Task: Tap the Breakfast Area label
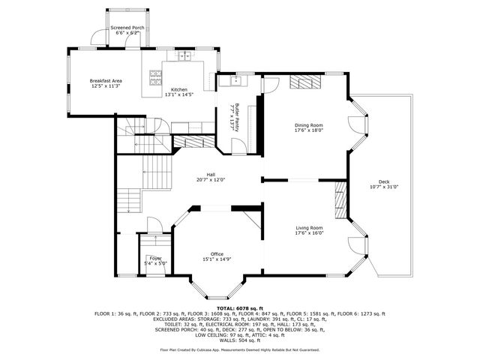pyautogui.click(x=106, y=80)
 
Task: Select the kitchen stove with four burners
pyautogui.click(x=156, y=76)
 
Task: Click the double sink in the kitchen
pyautogui.click(x=184, y=55)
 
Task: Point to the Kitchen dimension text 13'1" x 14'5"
pyautogui.click(x=178, y=94)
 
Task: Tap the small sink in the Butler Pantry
pyautogui.click(x=235, y=77)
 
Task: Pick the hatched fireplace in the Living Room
pyautogui.click(x=340, y=200)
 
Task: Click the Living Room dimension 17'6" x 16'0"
pyautogui.click(x=308, y=232)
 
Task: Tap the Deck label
pyautogui.click(x=384, y=181)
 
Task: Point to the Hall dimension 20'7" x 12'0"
pyautogui.click(x=211, y=180)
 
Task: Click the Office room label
pyautogui.click(x=217, y=253)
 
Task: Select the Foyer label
pyautogui.click(x=155, y=258)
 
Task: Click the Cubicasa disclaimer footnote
pyautogui.click(x=240, y=349)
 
